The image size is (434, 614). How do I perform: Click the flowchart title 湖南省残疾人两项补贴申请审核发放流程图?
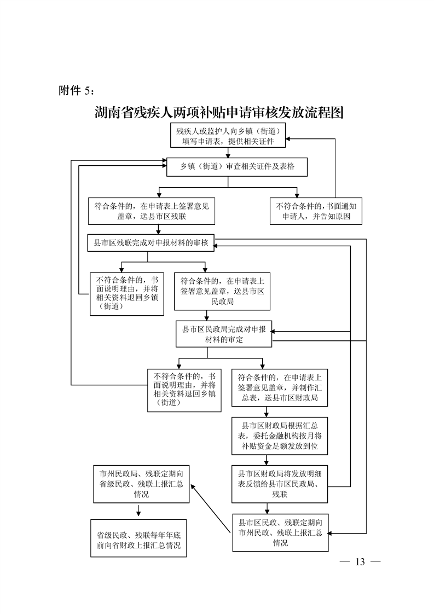(218, 113)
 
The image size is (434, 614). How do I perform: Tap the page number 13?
(360, 562)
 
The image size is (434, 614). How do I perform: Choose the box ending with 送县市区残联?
(155, 211)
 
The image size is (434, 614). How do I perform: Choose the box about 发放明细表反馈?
(279, 484)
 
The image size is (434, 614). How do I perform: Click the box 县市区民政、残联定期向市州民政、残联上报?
(280, 531)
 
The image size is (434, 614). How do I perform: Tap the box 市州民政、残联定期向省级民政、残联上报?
(141, 484)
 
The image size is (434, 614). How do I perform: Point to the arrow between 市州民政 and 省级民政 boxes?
(138, 511)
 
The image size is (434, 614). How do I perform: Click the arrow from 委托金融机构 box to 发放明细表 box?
(279, 460)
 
